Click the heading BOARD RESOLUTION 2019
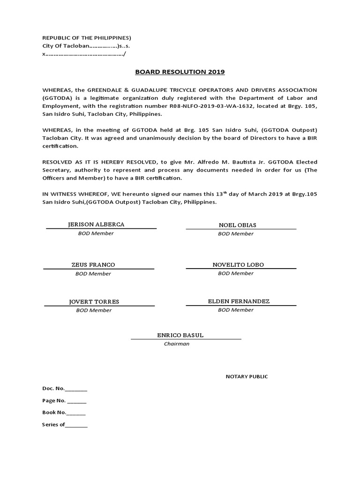(180, 72)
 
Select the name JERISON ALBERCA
(96, 225)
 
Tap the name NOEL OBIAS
(238, 225)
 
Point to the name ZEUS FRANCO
(93, 265)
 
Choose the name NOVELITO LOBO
(238, 265)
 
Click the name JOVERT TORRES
(94, 301)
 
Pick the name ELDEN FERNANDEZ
(239, 301)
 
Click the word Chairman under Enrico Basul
(177, 344)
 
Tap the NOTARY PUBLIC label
(247, 376)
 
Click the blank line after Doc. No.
(76, 390)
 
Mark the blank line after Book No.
(76, 413)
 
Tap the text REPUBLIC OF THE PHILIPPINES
(87, 37)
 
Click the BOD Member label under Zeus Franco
(93, 273)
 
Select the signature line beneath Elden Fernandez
(241, 306)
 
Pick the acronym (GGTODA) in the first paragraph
(58, 98)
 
